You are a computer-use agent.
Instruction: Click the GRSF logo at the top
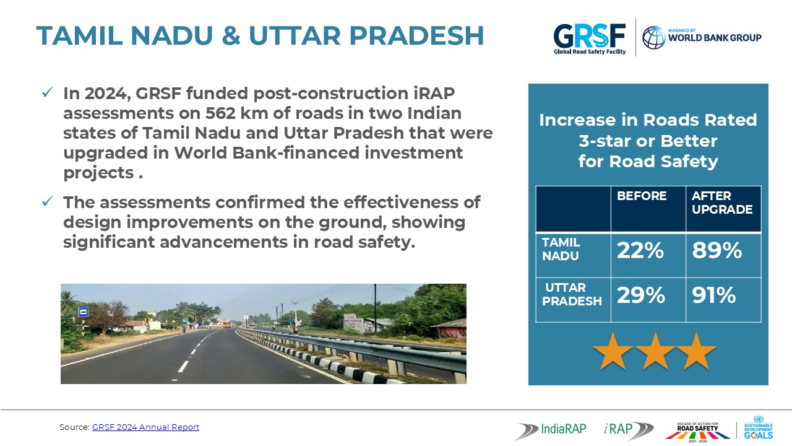pyautogui.click(x=590, y=39)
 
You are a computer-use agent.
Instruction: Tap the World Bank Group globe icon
pyautogui.click(x=654, y=38)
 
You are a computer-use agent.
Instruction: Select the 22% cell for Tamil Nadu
pyautogui.click(x=640, y=251)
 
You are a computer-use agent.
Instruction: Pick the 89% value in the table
pyautogui.click(x=717, y=251)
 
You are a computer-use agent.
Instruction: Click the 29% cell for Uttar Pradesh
pyautogui.click(x=640, y=295)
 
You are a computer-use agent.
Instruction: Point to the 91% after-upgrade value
pyautogui.click(x=714, y=295)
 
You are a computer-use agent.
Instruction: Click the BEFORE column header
pyautogui.click(x=642, y=196)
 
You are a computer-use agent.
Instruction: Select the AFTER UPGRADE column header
pyautogui.click(x=722, y=203)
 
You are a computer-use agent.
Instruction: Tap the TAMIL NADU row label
pyautogui.click(x=561, y=249)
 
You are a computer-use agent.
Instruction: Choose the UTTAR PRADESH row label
pyautogui.click(x=572, y=294)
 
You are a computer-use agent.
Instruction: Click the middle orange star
pyautogui.click(x=655, y=351)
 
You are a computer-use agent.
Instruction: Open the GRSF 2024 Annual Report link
pyautogui.click(x=145, y=427)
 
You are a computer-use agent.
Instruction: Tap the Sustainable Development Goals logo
pyautogui.click(x=759, y=427)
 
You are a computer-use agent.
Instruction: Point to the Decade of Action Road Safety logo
pyautogui.click(x=697, y=432)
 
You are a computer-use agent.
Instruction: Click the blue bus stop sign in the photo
pyautogui.click(x=84, y=312)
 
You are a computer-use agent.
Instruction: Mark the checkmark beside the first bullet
pyautogui.click(x=48, y=92)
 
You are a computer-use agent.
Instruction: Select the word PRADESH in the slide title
pyautogui.click(x=416, y=36)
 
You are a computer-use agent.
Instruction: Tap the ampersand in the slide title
pyautogui.click(x=231, y=36)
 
